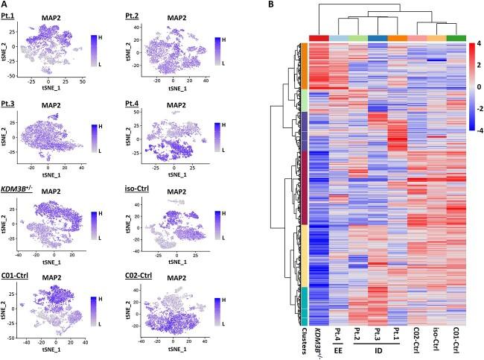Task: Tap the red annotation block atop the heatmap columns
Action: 319,38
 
